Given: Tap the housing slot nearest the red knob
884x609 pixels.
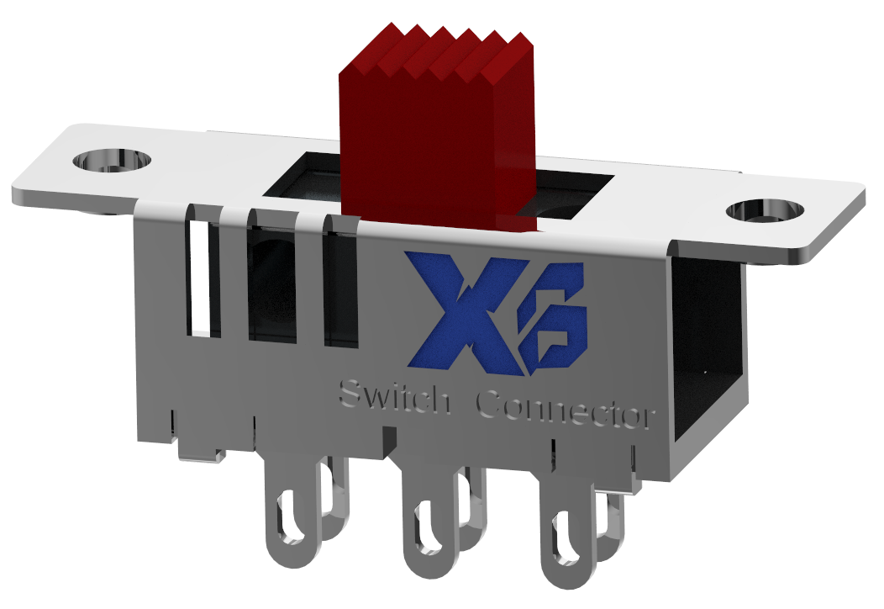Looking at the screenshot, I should [x=341, y=290].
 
